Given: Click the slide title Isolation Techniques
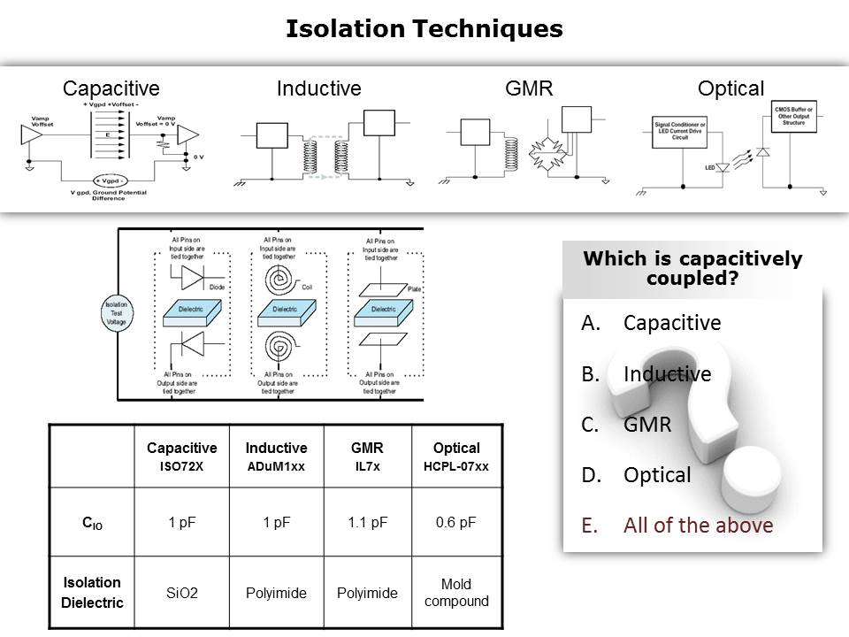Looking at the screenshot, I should pyautogui.click(x=424, y=29).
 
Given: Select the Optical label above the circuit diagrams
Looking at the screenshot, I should pyautogui.click(x=730, y=88).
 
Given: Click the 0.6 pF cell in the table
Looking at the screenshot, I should pyautogui.click(x=456, y=522).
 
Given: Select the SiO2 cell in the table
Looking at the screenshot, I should pyautogui.click(x=182, y=593).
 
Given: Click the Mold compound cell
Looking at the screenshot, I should pyautogui.click(x=456, y=593).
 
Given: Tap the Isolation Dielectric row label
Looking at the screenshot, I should pyautogui.click(x=92, y=592).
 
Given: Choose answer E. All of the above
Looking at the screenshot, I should pyautogui.click(x=677, y=526).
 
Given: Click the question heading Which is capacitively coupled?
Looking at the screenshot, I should pyautogui.click(x=693, y=268).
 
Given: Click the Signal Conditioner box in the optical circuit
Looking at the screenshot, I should pyautogui.click(x=679, y=130).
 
